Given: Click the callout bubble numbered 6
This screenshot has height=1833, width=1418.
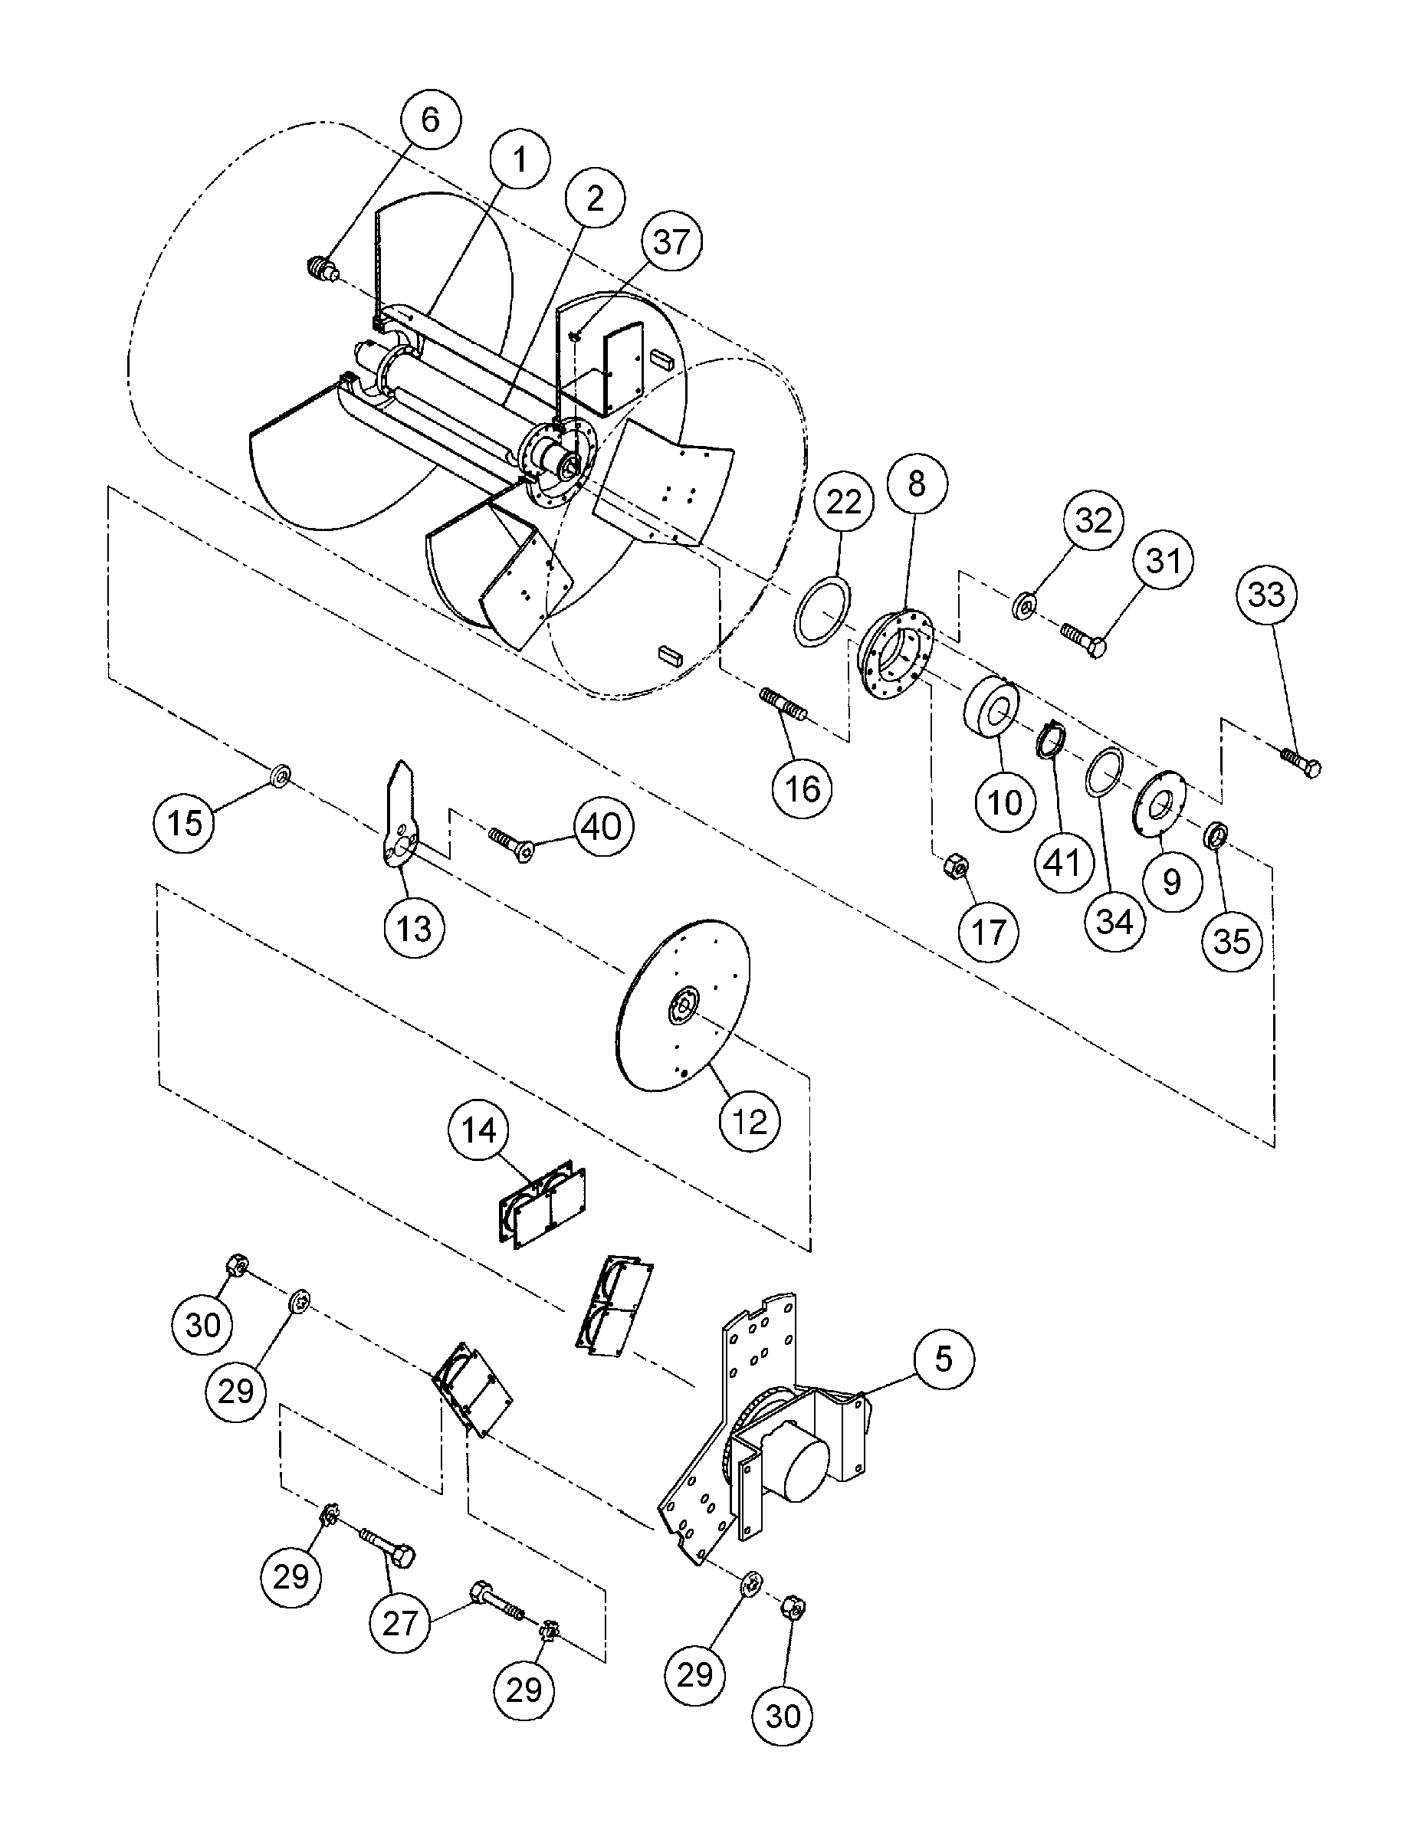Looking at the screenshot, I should (x=430, y=120).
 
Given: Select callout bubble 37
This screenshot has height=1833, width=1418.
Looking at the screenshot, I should (x=671, y=243).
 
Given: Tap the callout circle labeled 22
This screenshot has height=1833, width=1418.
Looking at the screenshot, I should (x=844, y=502).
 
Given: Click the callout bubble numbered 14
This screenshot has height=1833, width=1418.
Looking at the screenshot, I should (x=478, y=1131).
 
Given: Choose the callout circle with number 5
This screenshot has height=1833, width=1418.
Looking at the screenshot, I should (x=944, y=1358).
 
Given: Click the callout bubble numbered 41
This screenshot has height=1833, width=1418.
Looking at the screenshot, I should (x=1063, y=862).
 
